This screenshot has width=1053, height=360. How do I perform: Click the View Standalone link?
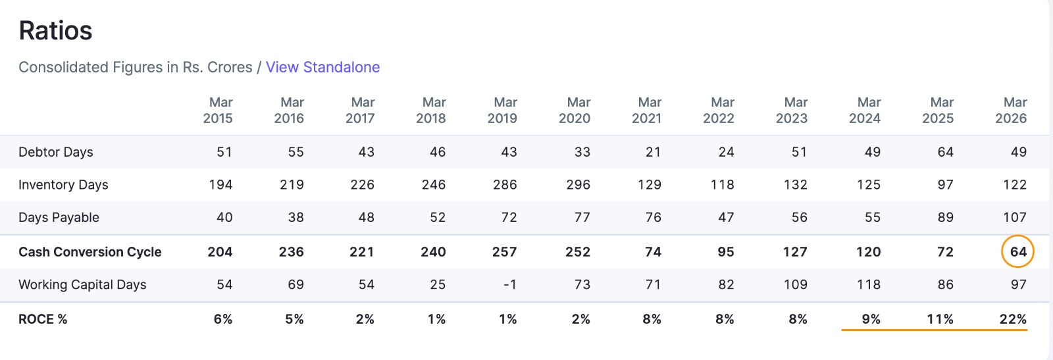(322, 67)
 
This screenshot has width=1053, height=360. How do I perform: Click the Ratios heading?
(55, 30)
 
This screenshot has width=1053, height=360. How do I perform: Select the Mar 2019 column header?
(503, 110)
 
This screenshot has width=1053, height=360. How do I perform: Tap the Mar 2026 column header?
(1011, 110)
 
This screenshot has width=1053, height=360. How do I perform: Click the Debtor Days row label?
(55, 152)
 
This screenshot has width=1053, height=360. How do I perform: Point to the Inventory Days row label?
(63, 185)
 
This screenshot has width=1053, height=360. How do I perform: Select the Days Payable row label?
(59, 217)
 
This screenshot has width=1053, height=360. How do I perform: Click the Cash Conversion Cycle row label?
(90, 252)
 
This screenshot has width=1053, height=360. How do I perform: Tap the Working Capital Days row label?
(82, 284)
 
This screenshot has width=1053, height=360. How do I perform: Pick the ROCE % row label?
(43, 319)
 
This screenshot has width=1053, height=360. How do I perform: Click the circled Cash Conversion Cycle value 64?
(1018, 252)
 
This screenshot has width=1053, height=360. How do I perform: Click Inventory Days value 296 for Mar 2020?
(578, 185)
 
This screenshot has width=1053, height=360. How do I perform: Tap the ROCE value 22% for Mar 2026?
(1013, 319)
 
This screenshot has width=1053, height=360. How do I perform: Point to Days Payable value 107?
(1015, 217)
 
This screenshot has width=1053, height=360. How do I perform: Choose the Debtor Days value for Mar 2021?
(653, 152)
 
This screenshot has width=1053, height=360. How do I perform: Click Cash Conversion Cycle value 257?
(504, 252)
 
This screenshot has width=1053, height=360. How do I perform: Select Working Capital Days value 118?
(868, 284)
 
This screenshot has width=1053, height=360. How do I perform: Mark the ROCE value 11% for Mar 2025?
(940, 319)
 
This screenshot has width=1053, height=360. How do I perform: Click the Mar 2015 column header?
(218, 110)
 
